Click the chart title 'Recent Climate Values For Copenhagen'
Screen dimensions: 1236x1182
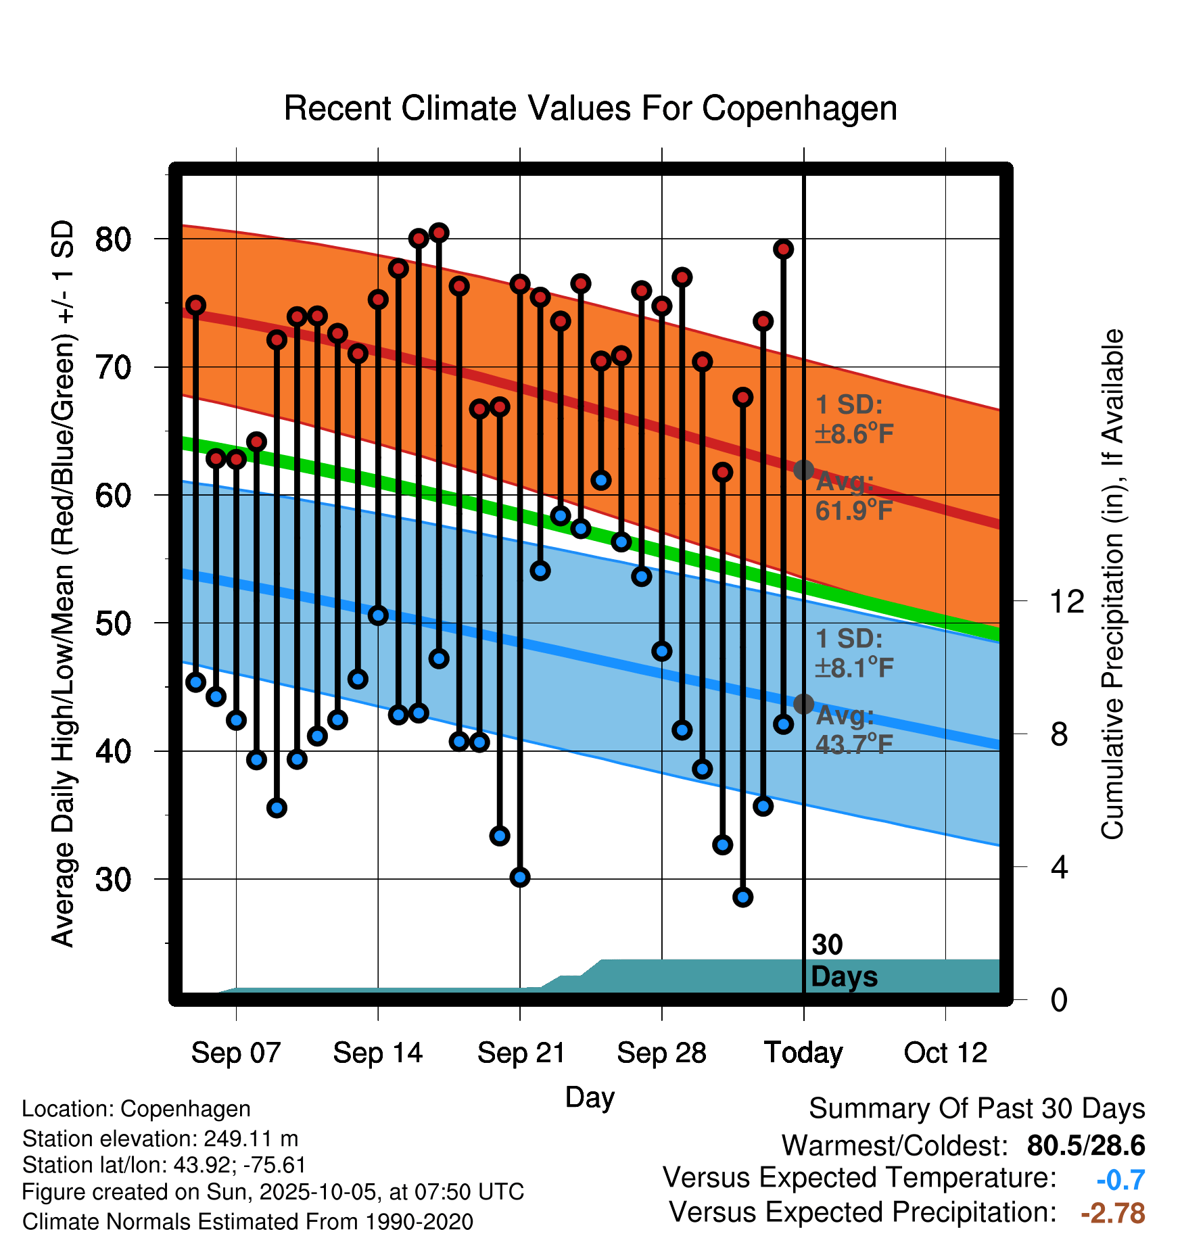click(590, 108)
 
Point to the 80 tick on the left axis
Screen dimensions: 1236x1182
click(113, 239)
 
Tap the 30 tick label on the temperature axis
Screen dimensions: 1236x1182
click(113, 880)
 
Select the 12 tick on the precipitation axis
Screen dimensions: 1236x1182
click(1066, 601)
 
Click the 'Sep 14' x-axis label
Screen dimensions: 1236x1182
click(377, 1053)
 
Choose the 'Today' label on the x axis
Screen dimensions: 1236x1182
click(803, 1053)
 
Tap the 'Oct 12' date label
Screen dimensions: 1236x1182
click(945, 1053)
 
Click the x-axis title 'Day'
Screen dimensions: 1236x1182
click(590, 1097)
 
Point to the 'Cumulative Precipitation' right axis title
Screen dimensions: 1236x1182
click(1112, 584)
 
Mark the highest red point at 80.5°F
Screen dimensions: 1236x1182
click(439, 233)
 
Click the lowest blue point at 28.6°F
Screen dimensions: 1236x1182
click(742, 897)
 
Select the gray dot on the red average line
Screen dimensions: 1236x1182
click(803, 470)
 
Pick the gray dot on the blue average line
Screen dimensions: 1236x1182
click(803, 704)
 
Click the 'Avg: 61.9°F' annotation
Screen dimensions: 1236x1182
click(853, 497)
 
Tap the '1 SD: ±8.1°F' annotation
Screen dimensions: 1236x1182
click(853, 653)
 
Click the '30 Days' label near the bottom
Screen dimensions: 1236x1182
click(843, 961)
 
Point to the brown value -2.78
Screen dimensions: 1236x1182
click(1113, 1213)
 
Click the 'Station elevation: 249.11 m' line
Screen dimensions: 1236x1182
click(160, 1139)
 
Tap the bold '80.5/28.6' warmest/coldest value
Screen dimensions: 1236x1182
click(1085, 1145)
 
